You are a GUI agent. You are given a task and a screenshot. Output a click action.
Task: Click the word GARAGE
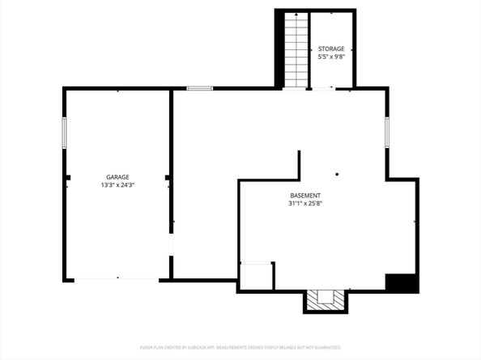(117, 177)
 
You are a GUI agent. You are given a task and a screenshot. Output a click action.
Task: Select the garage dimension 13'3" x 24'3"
(117, 185)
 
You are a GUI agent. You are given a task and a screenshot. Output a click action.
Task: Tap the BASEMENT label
(305, 196)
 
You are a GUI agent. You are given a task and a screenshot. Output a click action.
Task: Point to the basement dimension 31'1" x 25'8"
(305, 204)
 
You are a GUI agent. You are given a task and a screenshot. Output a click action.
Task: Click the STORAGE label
(330, 49)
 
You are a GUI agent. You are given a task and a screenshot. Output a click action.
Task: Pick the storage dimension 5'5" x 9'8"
(330, 57)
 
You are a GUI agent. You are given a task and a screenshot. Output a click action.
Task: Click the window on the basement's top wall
(199, 87)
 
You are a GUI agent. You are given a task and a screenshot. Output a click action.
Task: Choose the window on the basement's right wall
(387, 131)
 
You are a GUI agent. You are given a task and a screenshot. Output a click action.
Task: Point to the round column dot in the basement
(337, 173)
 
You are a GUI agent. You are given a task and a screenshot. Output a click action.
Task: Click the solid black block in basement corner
(401, 283)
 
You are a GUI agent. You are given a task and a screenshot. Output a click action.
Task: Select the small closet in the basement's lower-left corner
(257, 276)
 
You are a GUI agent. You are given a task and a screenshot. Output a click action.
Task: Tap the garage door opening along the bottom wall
(117, 279)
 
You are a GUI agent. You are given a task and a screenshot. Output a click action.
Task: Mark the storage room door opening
(322, 88)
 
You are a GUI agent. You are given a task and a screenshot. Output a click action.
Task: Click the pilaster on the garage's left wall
(67, 177)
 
